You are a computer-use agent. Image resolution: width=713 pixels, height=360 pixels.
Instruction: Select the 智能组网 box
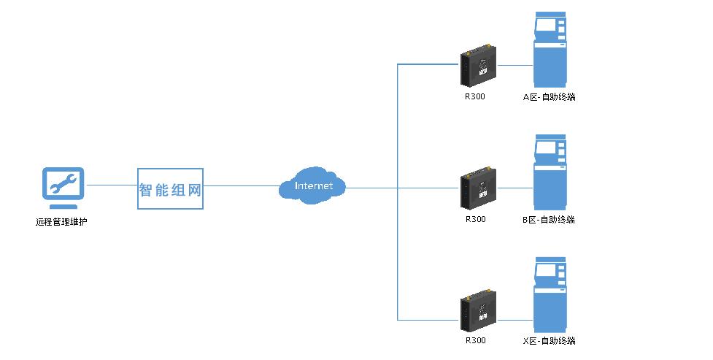(x=170, y=189)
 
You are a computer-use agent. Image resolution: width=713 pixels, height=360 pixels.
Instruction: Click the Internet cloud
(x=312, y=186)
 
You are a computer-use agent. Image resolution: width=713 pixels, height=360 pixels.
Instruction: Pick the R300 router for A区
(x=479, y=66)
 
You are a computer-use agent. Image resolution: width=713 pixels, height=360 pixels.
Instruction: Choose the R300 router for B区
(x=479, y=189)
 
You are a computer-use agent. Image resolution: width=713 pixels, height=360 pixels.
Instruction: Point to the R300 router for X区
(x=479, y=312)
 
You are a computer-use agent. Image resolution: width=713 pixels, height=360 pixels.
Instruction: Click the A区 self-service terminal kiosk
(x=550, y=50)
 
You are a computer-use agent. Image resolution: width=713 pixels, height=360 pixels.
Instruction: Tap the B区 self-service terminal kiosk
(x=550, y=172)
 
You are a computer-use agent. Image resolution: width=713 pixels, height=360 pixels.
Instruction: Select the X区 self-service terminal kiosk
(x=550, y=295)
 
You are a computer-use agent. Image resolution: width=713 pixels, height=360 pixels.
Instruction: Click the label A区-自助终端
(x=549, y=97)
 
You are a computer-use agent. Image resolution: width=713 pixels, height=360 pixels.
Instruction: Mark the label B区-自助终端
(x=549, y=220)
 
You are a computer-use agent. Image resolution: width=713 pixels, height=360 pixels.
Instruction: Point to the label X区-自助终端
(x=549, y=341)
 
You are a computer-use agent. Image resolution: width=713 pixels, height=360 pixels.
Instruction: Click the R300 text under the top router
(x=474, y=96)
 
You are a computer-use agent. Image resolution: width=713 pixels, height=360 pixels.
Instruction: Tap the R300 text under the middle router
(x=474, y=219)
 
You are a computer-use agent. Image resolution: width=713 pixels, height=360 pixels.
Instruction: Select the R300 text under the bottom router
(x=474, y=340)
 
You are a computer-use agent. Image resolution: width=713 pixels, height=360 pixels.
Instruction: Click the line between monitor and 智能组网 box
(x=112, y=185)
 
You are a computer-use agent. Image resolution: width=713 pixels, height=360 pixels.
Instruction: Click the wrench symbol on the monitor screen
(x=63, y=183)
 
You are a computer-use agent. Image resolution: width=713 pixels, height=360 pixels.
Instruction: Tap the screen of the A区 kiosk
(x=545, y=26)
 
